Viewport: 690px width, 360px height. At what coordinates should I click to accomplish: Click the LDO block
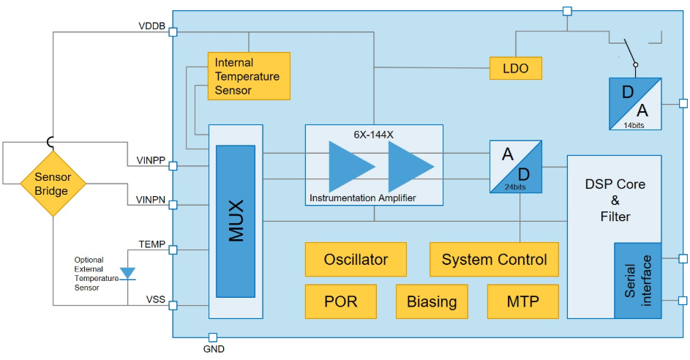point(516,69)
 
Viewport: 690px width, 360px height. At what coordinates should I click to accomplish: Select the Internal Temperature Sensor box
point(249,76)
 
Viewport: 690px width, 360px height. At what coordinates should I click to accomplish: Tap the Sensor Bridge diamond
point(52,183)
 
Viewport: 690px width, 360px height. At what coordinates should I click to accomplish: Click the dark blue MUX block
point(236,221)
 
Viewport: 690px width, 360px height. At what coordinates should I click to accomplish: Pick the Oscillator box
point(356,260)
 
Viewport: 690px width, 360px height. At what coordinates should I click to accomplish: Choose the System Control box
point(494,260)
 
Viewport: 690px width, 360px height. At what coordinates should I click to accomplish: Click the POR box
point(340,301)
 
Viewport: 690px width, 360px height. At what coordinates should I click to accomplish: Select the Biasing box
point(432,301)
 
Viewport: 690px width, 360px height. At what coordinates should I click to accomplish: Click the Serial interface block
point(637,280)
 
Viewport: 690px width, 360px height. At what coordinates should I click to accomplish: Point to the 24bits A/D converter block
point(516,167)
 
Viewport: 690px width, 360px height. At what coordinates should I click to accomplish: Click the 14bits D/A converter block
point(634,104)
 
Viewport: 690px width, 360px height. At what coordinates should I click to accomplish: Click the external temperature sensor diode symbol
point(127,274)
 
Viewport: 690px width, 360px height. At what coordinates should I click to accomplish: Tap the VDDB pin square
point(173,32)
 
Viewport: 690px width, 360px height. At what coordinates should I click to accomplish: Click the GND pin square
point(213,337)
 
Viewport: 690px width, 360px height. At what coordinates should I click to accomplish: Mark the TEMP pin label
point(151,244)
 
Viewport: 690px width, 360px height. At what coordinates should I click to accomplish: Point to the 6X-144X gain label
point(374,135)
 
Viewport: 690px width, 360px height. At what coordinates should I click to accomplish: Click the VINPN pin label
point(151,200)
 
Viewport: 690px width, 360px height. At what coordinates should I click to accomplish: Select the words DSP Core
point(615,184)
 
